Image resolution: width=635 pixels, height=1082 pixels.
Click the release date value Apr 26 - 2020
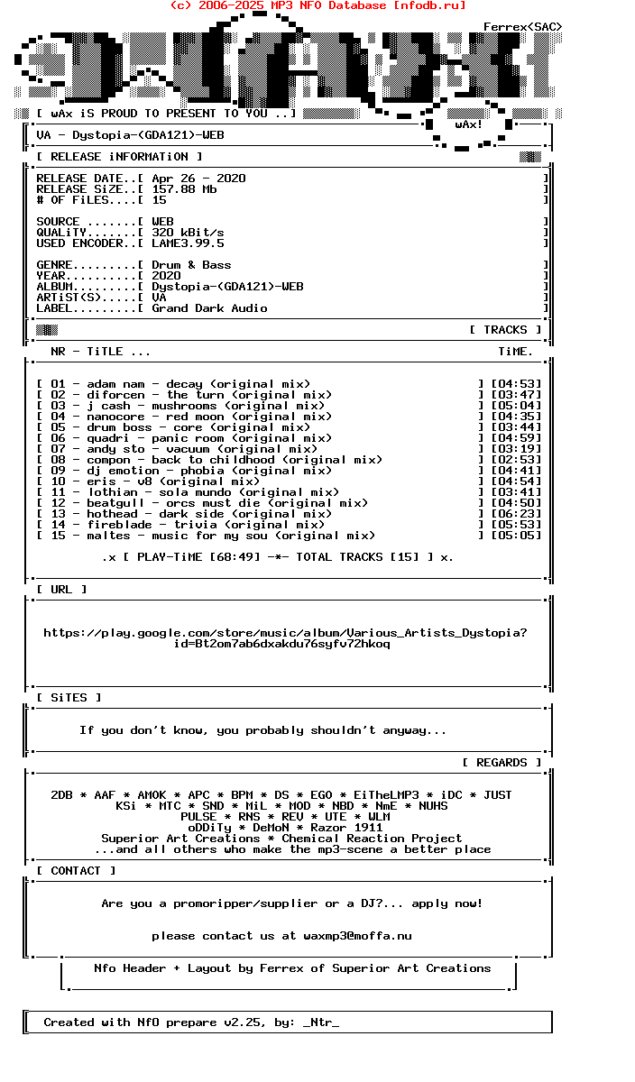[198, 179]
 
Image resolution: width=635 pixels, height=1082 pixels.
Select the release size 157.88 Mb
[184, 189]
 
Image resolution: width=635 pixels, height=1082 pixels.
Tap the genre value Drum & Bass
[191, 265]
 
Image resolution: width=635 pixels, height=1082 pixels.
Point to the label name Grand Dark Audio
[209, 308]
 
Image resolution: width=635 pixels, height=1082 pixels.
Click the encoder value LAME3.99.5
[188, 243]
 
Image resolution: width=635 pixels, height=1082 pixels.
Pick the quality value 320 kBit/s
[188, 233]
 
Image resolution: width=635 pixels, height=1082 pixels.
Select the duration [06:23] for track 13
[516, 514]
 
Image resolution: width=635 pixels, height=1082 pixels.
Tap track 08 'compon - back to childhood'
[235, 460]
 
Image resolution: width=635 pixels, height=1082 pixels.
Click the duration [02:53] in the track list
[516, 460]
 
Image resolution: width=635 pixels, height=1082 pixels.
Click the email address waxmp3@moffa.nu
[357, 936]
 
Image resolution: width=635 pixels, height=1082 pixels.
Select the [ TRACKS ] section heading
[505, 330]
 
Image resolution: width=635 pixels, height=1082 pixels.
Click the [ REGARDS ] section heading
[502, 763]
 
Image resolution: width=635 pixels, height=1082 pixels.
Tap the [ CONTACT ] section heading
[76, 871]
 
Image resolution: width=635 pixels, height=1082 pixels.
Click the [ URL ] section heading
[61, 590]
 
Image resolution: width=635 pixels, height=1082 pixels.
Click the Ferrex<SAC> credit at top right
[522, 27]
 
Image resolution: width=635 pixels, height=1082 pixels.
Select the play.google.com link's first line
[285, 633]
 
